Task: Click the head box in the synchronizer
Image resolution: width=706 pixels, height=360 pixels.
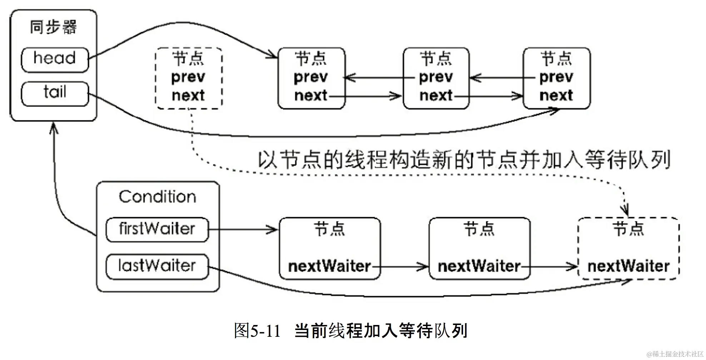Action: [55, 59]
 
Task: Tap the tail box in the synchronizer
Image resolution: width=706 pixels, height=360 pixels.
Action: [55, 94]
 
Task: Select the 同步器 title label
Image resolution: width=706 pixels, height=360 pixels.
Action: [53, 27]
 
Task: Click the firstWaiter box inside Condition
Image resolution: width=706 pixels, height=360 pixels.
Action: [157, 229]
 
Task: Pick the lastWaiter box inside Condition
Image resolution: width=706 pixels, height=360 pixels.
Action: [157, 266]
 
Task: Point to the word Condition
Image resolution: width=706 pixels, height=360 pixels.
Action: [158, 197]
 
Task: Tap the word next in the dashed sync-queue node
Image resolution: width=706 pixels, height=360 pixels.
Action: [188, 96]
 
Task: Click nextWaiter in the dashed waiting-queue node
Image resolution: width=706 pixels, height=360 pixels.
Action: [628, 266]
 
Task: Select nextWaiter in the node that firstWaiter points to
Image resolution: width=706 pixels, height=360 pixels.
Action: [329, 266]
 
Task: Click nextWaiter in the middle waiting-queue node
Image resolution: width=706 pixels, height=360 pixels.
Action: [479, 266]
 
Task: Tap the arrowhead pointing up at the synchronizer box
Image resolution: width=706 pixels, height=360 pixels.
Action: [54, 127]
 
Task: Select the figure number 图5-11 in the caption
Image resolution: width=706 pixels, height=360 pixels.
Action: [257, 331]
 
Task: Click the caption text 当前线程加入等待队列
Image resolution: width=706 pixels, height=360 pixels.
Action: [381, 331]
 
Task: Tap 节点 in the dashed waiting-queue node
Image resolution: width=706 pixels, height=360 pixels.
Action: [628, 229]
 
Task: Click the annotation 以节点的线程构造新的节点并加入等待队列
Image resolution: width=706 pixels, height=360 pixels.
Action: [464, 160]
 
